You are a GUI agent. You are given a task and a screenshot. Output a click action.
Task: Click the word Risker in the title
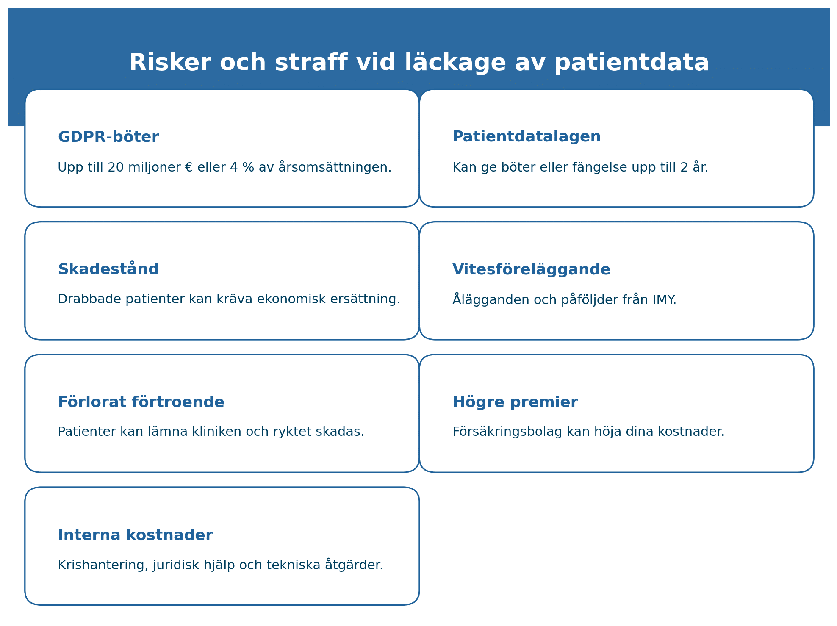tap(170, 63)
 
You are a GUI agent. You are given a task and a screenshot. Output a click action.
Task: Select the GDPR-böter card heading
tap(108, 137)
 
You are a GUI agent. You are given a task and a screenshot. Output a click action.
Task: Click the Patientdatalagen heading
tap(527, 137)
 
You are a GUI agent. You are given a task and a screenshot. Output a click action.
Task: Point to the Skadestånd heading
tap(108, 269)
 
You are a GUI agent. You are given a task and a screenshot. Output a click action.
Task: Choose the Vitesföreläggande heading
tap(532, 270)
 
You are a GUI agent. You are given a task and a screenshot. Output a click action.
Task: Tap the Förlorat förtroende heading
tap(141, 402)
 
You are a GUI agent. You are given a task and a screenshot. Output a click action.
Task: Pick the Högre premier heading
tap(515, 402)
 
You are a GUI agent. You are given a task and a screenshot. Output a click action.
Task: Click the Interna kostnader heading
tap(135, 535)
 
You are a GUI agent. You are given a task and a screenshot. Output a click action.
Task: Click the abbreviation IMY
tap(664, 300)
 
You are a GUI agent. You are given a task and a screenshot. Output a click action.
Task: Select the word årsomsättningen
tap(335, 167)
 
